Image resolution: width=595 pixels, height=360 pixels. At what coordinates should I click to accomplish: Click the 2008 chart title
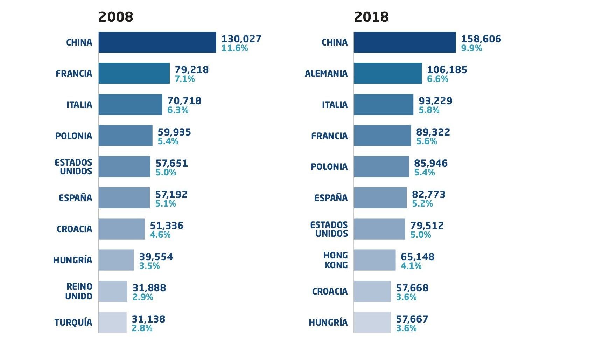(x=115, y=17)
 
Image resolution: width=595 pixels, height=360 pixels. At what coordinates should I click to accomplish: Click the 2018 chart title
(x=371, y=17)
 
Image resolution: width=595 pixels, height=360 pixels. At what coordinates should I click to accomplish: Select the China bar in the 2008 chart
(x=157, y=42)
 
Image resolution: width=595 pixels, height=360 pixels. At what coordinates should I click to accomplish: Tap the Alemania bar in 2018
(x=388, y=73)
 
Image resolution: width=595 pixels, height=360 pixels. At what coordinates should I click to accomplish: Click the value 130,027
(x=241, y=39)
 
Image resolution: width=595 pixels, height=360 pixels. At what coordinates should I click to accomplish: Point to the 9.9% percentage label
(x=471, y=48)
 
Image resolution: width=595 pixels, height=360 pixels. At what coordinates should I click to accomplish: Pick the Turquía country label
(x=73, y=323)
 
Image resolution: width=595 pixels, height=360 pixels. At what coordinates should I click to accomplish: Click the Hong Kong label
(x=336, y=260)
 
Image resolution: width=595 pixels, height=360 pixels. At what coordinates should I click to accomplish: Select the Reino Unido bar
(x=113, y=291)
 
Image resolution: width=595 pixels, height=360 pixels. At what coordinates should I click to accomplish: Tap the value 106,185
(x=447, y=70)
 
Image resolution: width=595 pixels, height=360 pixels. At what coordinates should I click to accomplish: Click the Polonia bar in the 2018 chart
(x=381, y=167)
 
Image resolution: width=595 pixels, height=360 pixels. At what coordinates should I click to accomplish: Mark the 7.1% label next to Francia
(x=185, y=79)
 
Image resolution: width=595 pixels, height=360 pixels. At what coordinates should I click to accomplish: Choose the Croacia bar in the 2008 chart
(x=121, y=229)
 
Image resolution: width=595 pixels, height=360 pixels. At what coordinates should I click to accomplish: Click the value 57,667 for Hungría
(x=412, y=319)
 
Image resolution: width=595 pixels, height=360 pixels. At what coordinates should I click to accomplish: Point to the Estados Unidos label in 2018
(x=329, y=229)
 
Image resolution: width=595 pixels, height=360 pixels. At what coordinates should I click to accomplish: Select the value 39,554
(x=156, y=257)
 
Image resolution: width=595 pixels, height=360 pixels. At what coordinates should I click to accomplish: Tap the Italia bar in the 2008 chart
(x=130, y=104)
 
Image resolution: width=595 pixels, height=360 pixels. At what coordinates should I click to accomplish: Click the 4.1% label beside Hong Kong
(x=411, y=266)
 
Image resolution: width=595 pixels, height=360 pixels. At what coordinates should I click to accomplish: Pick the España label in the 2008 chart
(x=75, y=198)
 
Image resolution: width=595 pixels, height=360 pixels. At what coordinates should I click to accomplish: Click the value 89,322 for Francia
(x=433, y=132)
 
